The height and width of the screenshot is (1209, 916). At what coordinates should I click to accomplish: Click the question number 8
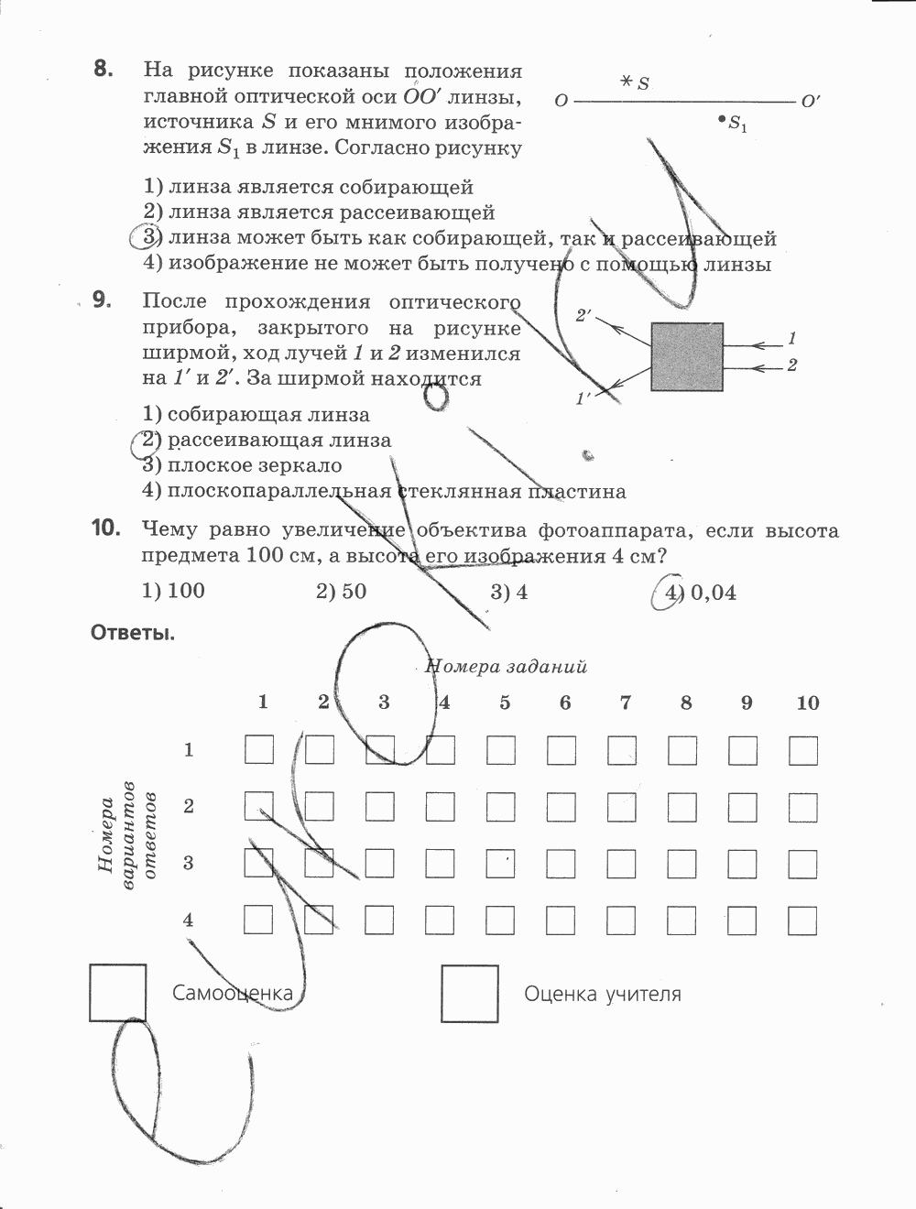[x=103, y=70]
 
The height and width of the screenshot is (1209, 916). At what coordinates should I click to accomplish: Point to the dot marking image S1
[x=723, y=119]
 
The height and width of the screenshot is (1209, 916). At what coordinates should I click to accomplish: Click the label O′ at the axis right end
[x=810, y=102]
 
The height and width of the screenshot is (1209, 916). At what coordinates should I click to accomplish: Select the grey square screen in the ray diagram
[x=687, y=356]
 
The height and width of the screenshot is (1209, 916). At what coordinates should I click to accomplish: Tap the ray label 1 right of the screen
[x=791, y=339]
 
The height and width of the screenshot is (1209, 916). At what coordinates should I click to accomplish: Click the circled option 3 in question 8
[x=150, y=238]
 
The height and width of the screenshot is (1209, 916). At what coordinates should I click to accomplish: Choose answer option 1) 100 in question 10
[x=174, y=591]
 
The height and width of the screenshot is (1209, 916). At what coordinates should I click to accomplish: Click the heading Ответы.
[x=133, y=633]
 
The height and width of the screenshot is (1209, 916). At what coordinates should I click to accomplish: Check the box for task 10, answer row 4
[x=802, y=920]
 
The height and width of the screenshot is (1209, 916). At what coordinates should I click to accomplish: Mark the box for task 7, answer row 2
[x=621, y=807]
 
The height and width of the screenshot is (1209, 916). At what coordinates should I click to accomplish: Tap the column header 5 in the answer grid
[x=505, y=703]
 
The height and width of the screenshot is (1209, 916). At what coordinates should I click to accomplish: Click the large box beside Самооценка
[x=118, y=993]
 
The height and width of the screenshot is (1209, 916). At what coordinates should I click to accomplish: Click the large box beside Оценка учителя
[x=470, y=994]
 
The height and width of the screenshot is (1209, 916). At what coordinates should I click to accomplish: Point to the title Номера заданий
[x=507, y=667]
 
